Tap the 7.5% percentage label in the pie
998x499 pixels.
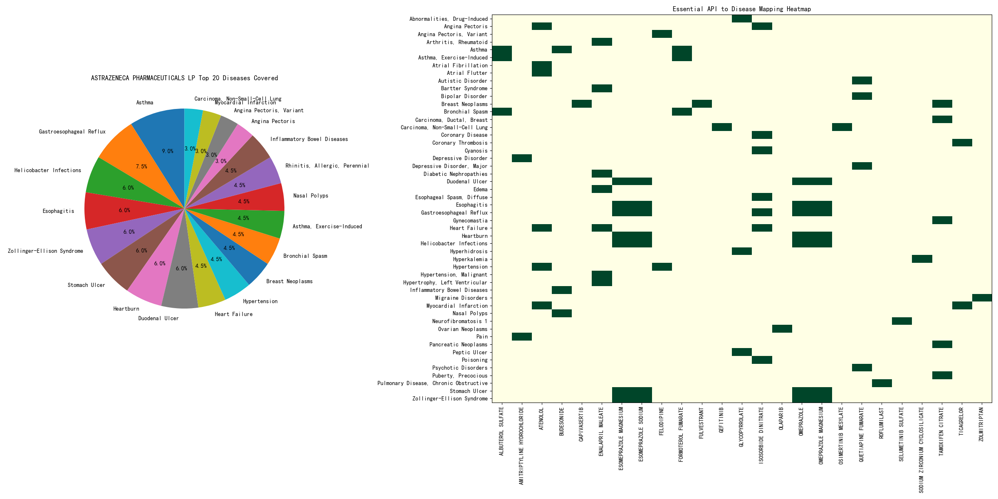(141, 166)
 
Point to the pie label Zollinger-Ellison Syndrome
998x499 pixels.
(45, 251)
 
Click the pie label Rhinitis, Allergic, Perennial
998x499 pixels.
(327, 166)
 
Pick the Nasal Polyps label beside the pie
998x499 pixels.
(311, 195)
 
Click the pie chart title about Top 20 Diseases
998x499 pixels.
(184, 78)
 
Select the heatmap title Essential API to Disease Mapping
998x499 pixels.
(741, 9)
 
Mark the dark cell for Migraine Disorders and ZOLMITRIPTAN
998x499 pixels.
(982, 298)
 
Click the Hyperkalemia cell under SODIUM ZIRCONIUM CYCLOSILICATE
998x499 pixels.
(922, 259)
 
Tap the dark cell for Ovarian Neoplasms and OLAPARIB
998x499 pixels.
(782, 329)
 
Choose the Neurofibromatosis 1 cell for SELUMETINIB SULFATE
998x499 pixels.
(902, 321)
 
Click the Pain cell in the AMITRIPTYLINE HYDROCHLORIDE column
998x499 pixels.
(522, 336)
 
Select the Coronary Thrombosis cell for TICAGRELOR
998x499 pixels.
(962, 143)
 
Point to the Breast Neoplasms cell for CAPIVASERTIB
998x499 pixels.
(582, 104)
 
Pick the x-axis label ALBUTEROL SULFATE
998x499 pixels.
(501, 431)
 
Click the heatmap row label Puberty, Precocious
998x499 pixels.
(459, 375)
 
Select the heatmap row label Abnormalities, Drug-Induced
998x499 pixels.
(448, 19)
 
